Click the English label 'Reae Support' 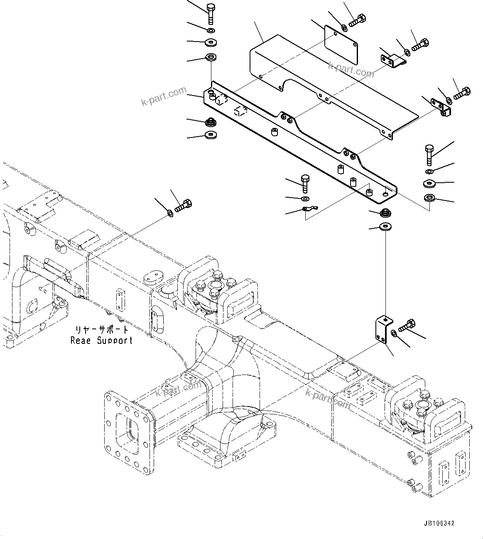pos(101,341)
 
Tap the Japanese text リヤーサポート pos(102,330)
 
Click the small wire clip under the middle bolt pos(309,208)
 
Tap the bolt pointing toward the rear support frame pos(183,206)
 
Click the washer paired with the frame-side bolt pos(170,213)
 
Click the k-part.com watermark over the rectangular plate pos(351,69)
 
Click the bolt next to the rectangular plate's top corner pos(357,21)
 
